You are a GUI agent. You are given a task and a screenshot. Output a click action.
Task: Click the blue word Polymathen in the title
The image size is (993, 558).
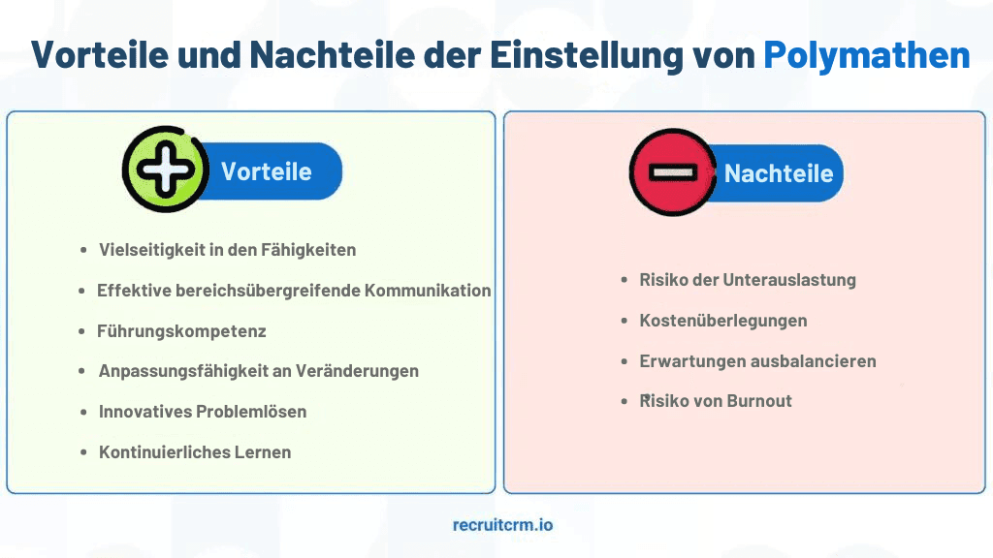click(866, 55)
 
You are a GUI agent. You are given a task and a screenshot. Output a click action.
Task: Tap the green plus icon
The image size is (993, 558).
click(165, 169)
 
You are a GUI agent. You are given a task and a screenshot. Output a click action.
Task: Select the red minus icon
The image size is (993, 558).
click(673, 172)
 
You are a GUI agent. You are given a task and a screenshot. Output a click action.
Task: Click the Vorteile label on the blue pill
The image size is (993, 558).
click(266, 171)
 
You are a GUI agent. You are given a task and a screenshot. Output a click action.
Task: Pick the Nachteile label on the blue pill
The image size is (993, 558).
click(779, 173)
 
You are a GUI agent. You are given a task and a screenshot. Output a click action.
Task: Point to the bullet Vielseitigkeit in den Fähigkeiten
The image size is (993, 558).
click(227, 250)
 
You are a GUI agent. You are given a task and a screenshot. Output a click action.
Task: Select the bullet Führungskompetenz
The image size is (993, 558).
click(181, 331)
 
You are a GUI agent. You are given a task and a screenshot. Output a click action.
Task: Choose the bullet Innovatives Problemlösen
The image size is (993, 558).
click(203, 411)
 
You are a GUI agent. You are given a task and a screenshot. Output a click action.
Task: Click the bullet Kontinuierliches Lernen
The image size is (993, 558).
click(195, 452)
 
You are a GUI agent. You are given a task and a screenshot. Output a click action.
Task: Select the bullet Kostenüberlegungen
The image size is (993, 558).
click(723, 321)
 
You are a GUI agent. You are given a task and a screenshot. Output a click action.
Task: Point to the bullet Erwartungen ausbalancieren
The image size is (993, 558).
click(758, 361)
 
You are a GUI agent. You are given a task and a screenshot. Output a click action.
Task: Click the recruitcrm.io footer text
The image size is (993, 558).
click(503, 525)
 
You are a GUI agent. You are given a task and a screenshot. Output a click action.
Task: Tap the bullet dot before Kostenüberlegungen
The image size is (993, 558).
click(625, 322)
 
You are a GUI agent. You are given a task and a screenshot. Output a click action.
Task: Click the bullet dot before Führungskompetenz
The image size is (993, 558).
click(81, 331)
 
